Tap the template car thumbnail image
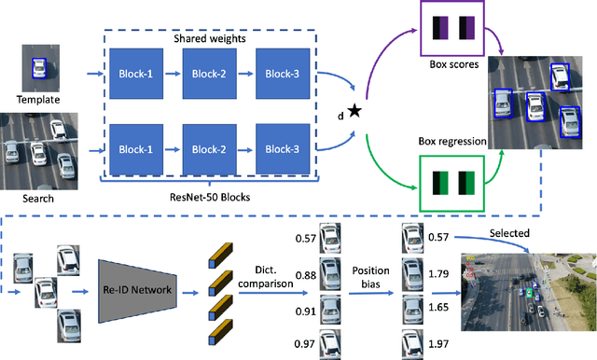coord(38,69)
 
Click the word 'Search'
coord(38,198)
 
